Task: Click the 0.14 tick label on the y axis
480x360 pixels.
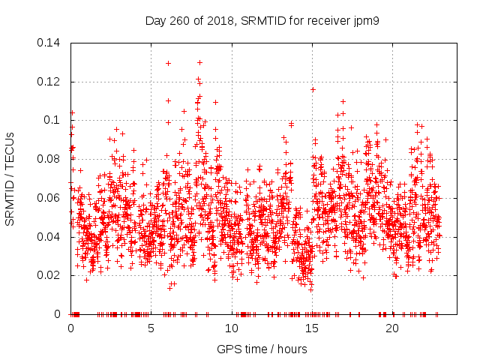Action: (49, 42)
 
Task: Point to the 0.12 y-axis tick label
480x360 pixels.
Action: (49, 81)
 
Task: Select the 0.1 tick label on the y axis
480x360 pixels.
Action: (52, 120)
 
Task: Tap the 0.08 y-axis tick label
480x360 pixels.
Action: (49, 159)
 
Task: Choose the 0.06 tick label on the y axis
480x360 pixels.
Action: (49, 198)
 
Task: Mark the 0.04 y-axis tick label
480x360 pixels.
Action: (49, 237)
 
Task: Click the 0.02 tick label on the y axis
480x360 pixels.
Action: (49, 275)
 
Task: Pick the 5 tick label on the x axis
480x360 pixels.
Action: (151, 328)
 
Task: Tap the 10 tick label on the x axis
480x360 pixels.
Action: (231, 328)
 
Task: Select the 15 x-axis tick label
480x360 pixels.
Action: (311, 328)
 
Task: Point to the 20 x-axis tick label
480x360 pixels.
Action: (391, 328)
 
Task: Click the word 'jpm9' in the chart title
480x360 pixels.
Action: (366, 21)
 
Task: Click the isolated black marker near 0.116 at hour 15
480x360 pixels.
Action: (313, 89)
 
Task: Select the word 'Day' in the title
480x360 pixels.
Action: (157, 21)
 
